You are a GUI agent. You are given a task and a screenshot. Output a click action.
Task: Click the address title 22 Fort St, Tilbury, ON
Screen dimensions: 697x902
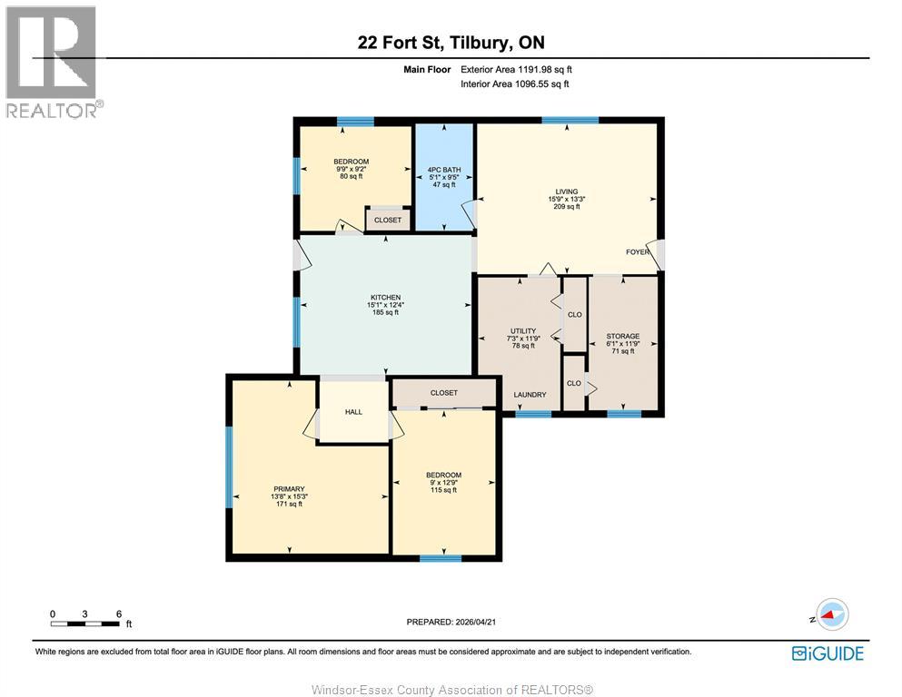point(451,43)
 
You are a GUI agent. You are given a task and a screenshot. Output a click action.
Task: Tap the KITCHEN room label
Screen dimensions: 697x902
point(385,298)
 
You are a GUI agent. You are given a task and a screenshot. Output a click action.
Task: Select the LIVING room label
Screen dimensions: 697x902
point(567,191)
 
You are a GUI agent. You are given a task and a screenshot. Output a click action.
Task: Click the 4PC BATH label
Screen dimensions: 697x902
point(443,169)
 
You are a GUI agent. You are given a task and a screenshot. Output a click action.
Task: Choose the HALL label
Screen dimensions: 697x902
point(353,412)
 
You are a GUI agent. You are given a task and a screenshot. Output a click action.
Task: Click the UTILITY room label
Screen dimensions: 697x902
point(522,331)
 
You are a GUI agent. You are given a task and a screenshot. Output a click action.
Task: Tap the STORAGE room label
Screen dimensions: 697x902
point(623,337)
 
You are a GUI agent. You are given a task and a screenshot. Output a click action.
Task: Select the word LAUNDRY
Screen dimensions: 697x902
point(530,395)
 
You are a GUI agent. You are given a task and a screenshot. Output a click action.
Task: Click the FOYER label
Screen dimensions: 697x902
point(638,252)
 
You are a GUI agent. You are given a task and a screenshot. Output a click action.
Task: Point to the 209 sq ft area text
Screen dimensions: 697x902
point(567,207)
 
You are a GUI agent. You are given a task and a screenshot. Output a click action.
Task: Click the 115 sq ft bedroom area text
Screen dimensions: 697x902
point(443,490)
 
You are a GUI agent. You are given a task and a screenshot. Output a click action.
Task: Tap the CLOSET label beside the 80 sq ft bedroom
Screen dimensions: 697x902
point(388,220)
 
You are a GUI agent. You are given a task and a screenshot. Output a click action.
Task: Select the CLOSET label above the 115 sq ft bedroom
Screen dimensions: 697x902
point(444,393)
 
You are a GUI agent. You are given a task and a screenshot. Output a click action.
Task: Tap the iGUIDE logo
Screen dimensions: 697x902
point(828,653)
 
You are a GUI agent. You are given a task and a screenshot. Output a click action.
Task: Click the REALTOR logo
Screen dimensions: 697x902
point(53,62)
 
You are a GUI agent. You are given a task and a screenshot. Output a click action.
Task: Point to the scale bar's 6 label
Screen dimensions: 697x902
point(118,614)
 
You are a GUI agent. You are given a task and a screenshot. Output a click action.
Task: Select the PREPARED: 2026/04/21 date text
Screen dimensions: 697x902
point(451,622)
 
